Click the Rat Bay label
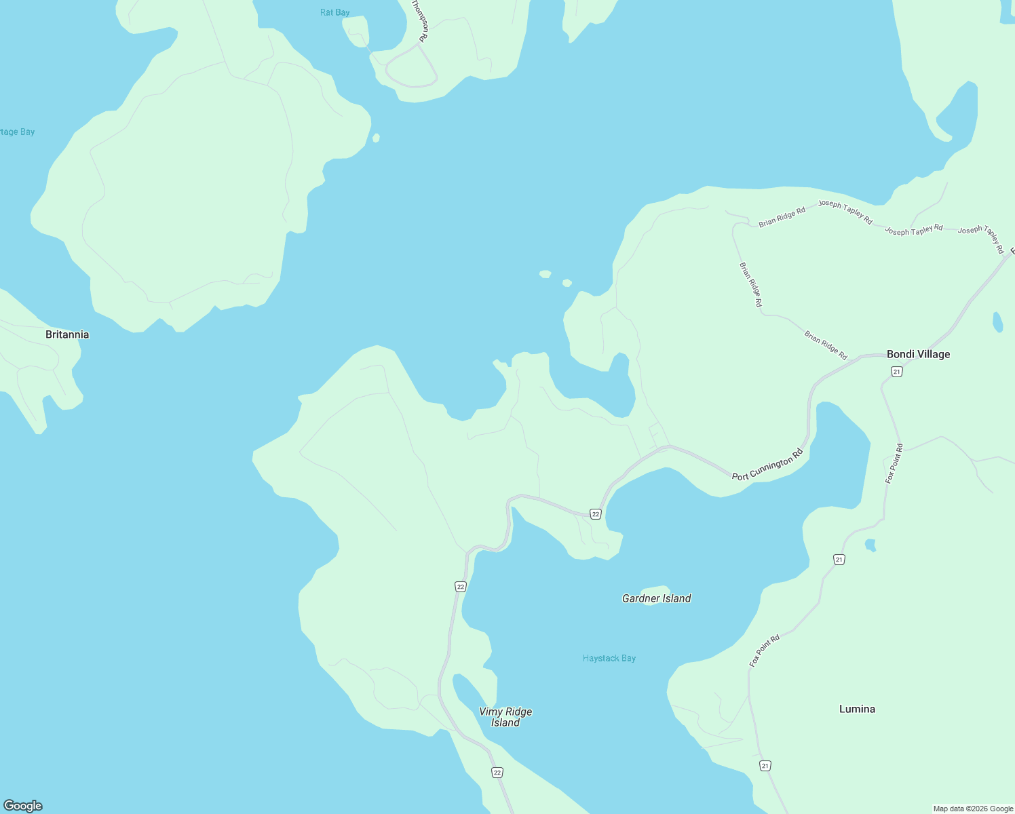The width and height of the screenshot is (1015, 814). coord(335,12)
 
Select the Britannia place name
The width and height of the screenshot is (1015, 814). coord(67,334)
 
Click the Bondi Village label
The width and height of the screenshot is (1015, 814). coord(918,354)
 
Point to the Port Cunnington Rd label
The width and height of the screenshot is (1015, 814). coord(767,468)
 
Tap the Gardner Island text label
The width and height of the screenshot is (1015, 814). coord(656,598)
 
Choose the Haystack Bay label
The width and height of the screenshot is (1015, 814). coord(609,658)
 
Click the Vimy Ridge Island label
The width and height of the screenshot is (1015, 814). coord(505,717)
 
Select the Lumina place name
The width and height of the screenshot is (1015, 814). coord(857,709)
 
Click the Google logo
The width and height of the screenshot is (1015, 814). coord(23,806)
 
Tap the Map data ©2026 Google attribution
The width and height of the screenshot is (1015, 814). coord(972,809)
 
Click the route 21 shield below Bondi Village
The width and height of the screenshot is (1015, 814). coord(896,372)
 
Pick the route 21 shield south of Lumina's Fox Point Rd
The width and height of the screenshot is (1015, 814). coord(765,766)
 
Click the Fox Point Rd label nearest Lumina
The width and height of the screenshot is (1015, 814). coord(765,650)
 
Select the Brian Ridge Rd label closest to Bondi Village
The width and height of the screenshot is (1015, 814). coord(826,345)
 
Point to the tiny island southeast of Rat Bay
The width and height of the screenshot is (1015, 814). coord(376,138)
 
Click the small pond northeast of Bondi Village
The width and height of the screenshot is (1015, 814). coord(997,322)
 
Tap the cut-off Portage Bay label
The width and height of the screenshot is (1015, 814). coord(17,132)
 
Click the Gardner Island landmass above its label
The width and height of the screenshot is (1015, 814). coord(655,589)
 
